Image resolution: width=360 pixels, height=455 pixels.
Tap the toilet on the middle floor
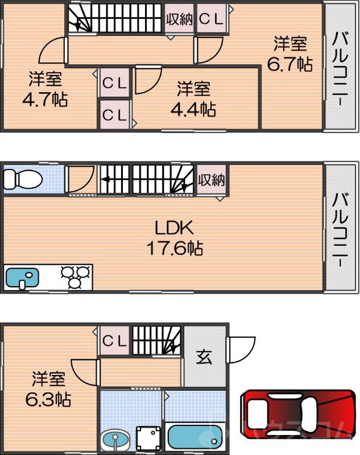coord(23,180)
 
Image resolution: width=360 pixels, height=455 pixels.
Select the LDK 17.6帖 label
coord(176,238)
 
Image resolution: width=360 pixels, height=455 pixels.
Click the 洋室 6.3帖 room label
coord(48,389)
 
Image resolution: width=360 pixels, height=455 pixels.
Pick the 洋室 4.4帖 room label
coord(193,98)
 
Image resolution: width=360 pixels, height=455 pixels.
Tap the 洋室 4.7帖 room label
coord(45,90)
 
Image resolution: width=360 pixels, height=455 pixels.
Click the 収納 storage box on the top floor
coord(179,19)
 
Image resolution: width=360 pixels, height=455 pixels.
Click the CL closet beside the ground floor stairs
coord(114,341)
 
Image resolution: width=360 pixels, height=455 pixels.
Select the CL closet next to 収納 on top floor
coord(212,19)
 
